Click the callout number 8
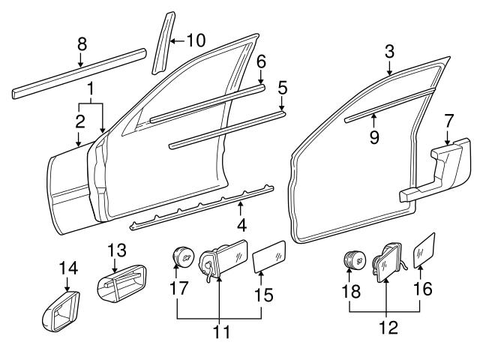pyautogui.click(x=82, y=43)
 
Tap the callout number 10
pyautogui.click(x=196, y=40)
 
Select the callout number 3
pyautogui.click(x=389, y=51)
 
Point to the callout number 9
pyautogui.click(x=373, y=137)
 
